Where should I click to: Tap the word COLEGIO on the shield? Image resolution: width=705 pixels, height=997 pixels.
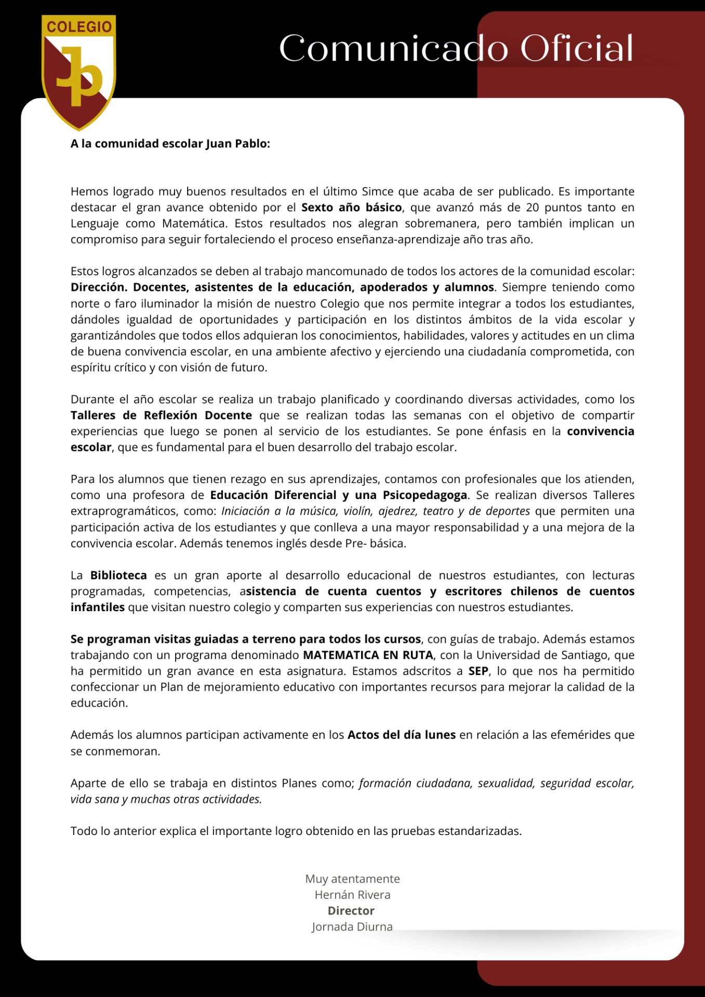79,27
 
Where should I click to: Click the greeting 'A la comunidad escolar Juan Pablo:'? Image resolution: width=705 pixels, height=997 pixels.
170,144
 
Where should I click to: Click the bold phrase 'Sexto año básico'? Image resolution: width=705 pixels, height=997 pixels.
352,208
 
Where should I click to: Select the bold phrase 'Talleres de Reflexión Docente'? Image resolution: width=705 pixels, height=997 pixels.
161,415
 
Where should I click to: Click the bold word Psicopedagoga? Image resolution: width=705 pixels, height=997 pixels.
425,495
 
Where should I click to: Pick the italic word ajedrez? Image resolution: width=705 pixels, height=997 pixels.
397,511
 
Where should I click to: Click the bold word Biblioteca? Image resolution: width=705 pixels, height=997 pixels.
118,575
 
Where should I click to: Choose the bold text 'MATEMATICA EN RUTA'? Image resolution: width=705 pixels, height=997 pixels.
368,655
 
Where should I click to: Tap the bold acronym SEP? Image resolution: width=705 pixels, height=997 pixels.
478,671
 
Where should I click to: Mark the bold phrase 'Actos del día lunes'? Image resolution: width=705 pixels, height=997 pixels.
402,735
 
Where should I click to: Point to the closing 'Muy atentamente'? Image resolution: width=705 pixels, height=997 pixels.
352,879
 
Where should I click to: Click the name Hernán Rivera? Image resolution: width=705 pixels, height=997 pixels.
352,895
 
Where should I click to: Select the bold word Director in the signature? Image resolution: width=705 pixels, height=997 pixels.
351,911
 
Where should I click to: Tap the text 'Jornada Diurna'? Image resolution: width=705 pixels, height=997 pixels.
352,927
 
